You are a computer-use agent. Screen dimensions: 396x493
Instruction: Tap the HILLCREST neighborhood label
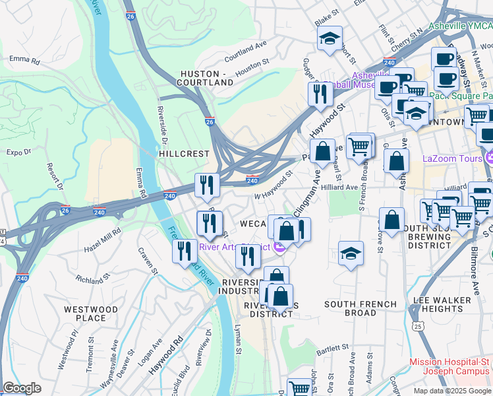pos(184,153)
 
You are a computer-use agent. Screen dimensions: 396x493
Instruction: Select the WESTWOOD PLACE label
pos(91,313)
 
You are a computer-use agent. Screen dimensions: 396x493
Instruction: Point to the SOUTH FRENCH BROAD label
pos(361,308)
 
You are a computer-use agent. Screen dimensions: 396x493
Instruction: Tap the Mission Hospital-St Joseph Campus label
pos(450,366)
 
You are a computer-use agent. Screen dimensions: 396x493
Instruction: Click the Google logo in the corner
pos(22,388)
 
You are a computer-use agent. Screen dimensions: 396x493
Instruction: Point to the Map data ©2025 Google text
pos(451,391)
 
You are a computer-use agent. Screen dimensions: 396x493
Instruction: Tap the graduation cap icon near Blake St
pos(330,39)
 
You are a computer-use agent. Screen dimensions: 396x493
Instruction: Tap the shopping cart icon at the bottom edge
pos(299,388)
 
